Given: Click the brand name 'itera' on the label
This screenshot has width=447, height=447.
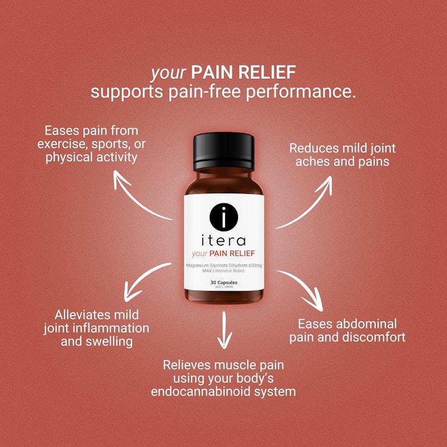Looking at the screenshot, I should pos(223,241).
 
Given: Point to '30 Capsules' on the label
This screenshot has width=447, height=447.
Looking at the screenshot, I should pos(223,283).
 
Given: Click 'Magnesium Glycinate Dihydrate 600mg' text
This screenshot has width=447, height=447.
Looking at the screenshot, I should pos(223,264).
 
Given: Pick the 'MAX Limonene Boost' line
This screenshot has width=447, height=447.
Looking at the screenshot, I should pos(223,270).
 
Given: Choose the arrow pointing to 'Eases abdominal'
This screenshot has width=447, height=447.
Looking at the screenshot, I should pos(302,288).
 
